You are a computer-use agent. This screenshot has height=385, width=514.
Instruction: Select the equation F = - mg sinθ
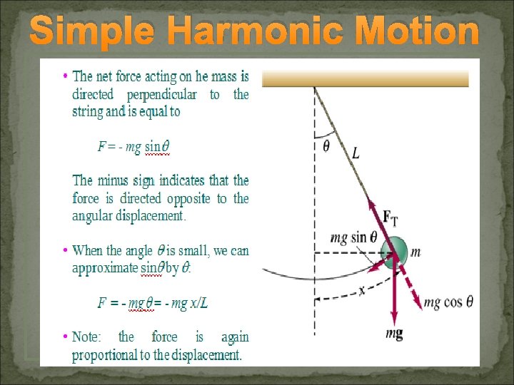click(x=133, y=148)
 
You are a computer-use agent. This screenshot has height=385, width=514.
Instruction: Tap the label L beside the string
click(x=356, y=153)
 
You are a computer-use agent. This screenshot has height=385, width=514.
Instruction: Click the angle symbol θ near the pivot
click(x=326, y=147)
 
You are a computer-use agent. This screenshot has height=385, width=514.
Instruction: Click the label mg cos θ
click(x=448, y=302)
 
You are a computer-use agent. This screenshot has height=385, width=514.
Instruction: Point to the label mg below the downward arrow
click(x=394, y=334)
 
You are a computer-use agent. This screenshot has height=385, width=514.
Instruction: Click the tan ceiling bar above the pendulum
click(x=365, y=78)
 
